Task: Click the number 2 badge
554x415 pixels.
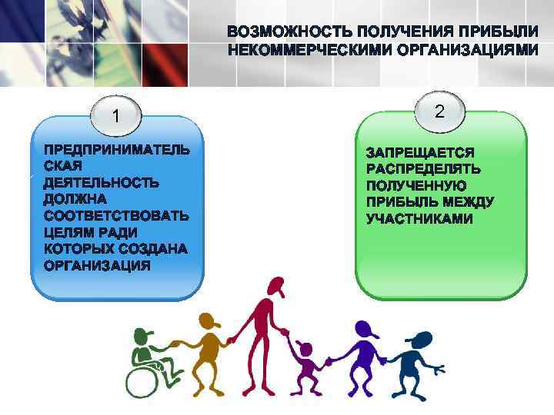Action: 439,111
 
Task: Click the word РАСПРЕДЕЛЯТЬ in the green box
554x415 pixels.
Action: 423,168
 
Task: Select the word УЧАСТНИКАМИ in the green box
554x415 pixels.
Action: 419,219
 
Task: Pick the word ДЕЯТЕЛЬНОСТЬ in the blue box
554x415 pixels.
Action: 102,183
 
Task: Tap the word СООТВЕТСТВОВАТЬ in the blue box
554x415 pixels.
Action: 115,216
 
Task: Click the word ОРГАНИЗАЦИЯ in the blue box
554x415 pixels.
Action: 96,266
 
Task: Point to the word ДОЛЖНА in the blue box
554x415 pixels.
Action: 75,199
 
